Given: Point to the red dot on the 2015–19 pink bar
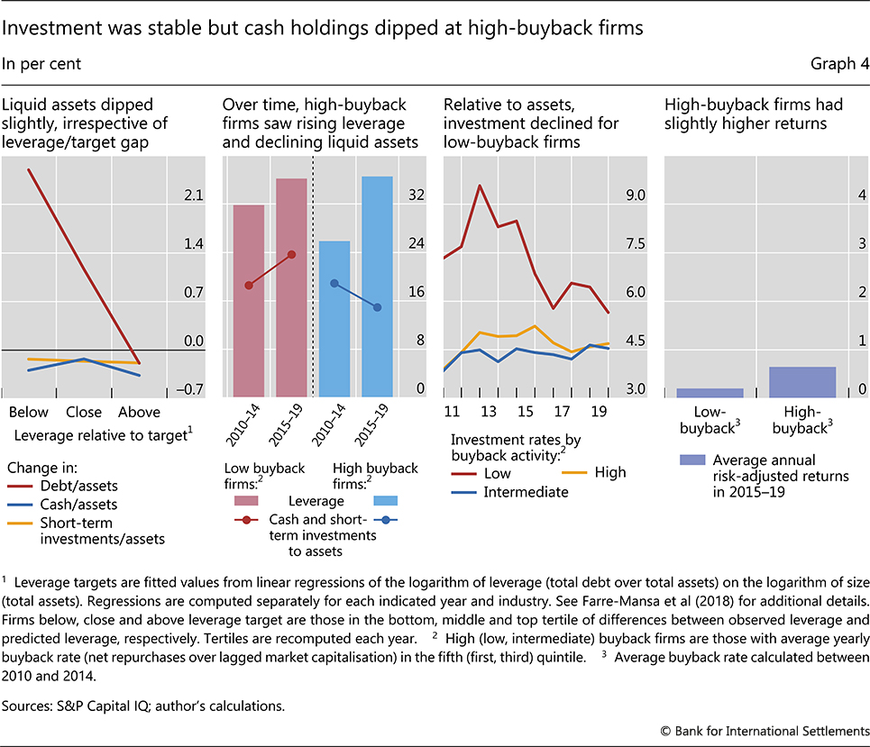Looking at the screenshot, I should coord(291,254).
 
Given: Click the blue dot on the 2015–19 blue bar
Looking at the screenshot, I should coord(377,307).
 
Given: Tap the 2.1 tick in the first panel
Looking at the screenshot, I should coord(194,196).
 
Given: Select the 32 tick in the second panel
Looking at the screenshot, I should coord(416,195).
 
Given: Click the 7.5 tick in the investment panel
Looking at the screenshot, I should coord(636,243).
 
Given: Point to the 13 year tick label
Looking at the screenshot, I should coord(488,412).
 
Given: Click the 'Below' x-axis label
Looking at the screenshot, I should coord(29,412).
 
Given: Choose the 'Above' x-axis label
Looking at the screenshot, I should coord(139,412).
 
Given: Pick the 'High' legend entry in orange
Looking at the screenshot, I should coord(610,471).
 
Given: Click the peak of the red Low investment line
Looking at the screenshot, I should coord(480,186).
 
